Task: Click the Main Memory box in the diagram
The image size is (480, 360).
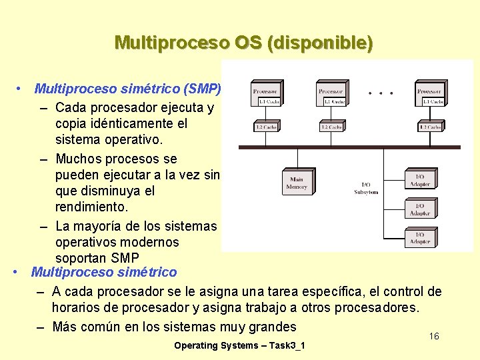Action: (296, 183)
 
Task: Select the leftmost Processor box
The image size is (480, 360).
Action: (266, 91)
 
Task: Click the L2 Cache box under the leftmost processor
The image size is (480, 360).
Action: (266, 126)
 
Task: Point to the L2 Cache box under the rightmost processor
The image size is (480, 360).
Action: (429, 126)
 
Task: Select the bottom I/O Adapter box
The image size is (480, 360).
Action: (420, 238)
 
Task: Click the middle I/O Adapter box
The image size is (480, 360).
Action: (420, 209)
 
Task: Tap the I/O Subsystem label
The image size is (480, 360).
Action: (366, 188)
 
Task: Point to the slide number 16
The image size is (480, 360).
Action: (434, 336)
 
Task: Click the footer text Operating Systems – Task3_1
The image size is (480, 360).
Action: (239, 345)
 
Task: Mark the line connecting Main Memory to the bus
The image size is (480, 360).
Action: (296, 157)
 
